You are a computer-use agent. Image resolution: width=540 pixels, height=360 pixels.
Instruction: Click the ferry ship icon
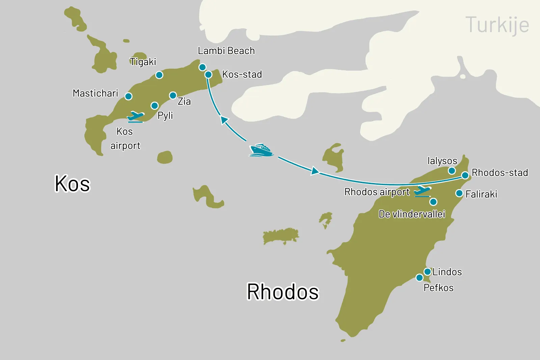click(x=261, y=150)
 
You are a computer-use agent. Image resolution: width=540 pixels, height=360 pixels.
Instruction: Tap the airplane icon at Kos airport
click(x=136, y=117)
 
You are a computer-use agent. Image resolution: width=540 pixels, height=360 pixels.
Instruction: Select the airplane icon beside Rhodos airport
click(x=422, y=191)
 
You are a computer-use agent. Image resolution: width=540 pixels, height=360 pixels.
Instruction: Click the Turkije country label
click(x=497, y=25)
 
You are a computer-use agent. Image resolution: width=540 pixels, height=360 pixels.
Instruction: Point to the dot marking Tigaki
click(x=159, y=75)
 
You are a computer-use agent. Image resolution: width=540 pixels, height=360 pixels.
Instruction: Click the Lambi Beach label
click(x=226, y=51)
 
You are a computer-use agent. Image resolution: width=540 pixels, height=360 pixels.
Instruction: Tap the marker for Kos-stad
click(x=208, y=75)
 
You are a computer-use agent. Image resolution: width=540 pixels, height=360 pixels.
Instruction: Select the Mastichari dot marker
click(x=128, y=97)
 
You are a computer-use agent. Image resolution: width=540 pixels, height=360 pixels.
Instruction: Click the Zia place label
click(x=184, y=101)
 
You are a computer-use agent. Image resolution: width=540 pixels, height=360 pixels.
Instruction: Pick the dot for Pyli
click(x=155, y=106)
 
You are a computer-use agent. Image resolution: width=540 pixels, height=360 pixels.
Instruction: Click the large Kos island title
click(x=72, y=184)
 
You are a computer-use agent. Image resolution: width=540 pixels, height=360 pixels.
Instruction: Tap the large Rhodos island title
click(x=283, y=292)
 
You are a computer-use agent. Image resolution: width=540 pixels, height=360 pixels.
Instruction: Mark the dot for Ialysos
click(x=452, y=171)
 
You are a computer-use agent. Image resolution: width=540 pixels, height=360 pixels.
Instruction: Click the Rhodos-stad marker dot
click(x=465, y=175)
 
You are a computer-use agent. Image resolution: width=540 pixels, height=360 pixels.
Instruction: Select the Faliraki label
click(x=481, y=194)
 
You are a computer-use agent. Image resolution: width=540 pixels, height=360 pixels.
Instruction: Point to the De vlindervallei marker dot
click(x=433, y=202)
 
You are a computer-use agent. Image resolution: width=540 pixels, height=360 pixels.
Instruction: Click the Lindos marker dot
click(x=427, y=272)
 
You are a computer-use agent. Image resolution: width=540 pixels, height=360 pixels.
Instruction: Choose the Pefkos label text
click(x=438, y=288)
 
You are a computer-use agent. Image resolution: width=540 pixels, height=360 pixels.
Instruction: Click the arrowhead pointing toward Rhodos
click(x=315, y=171)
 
